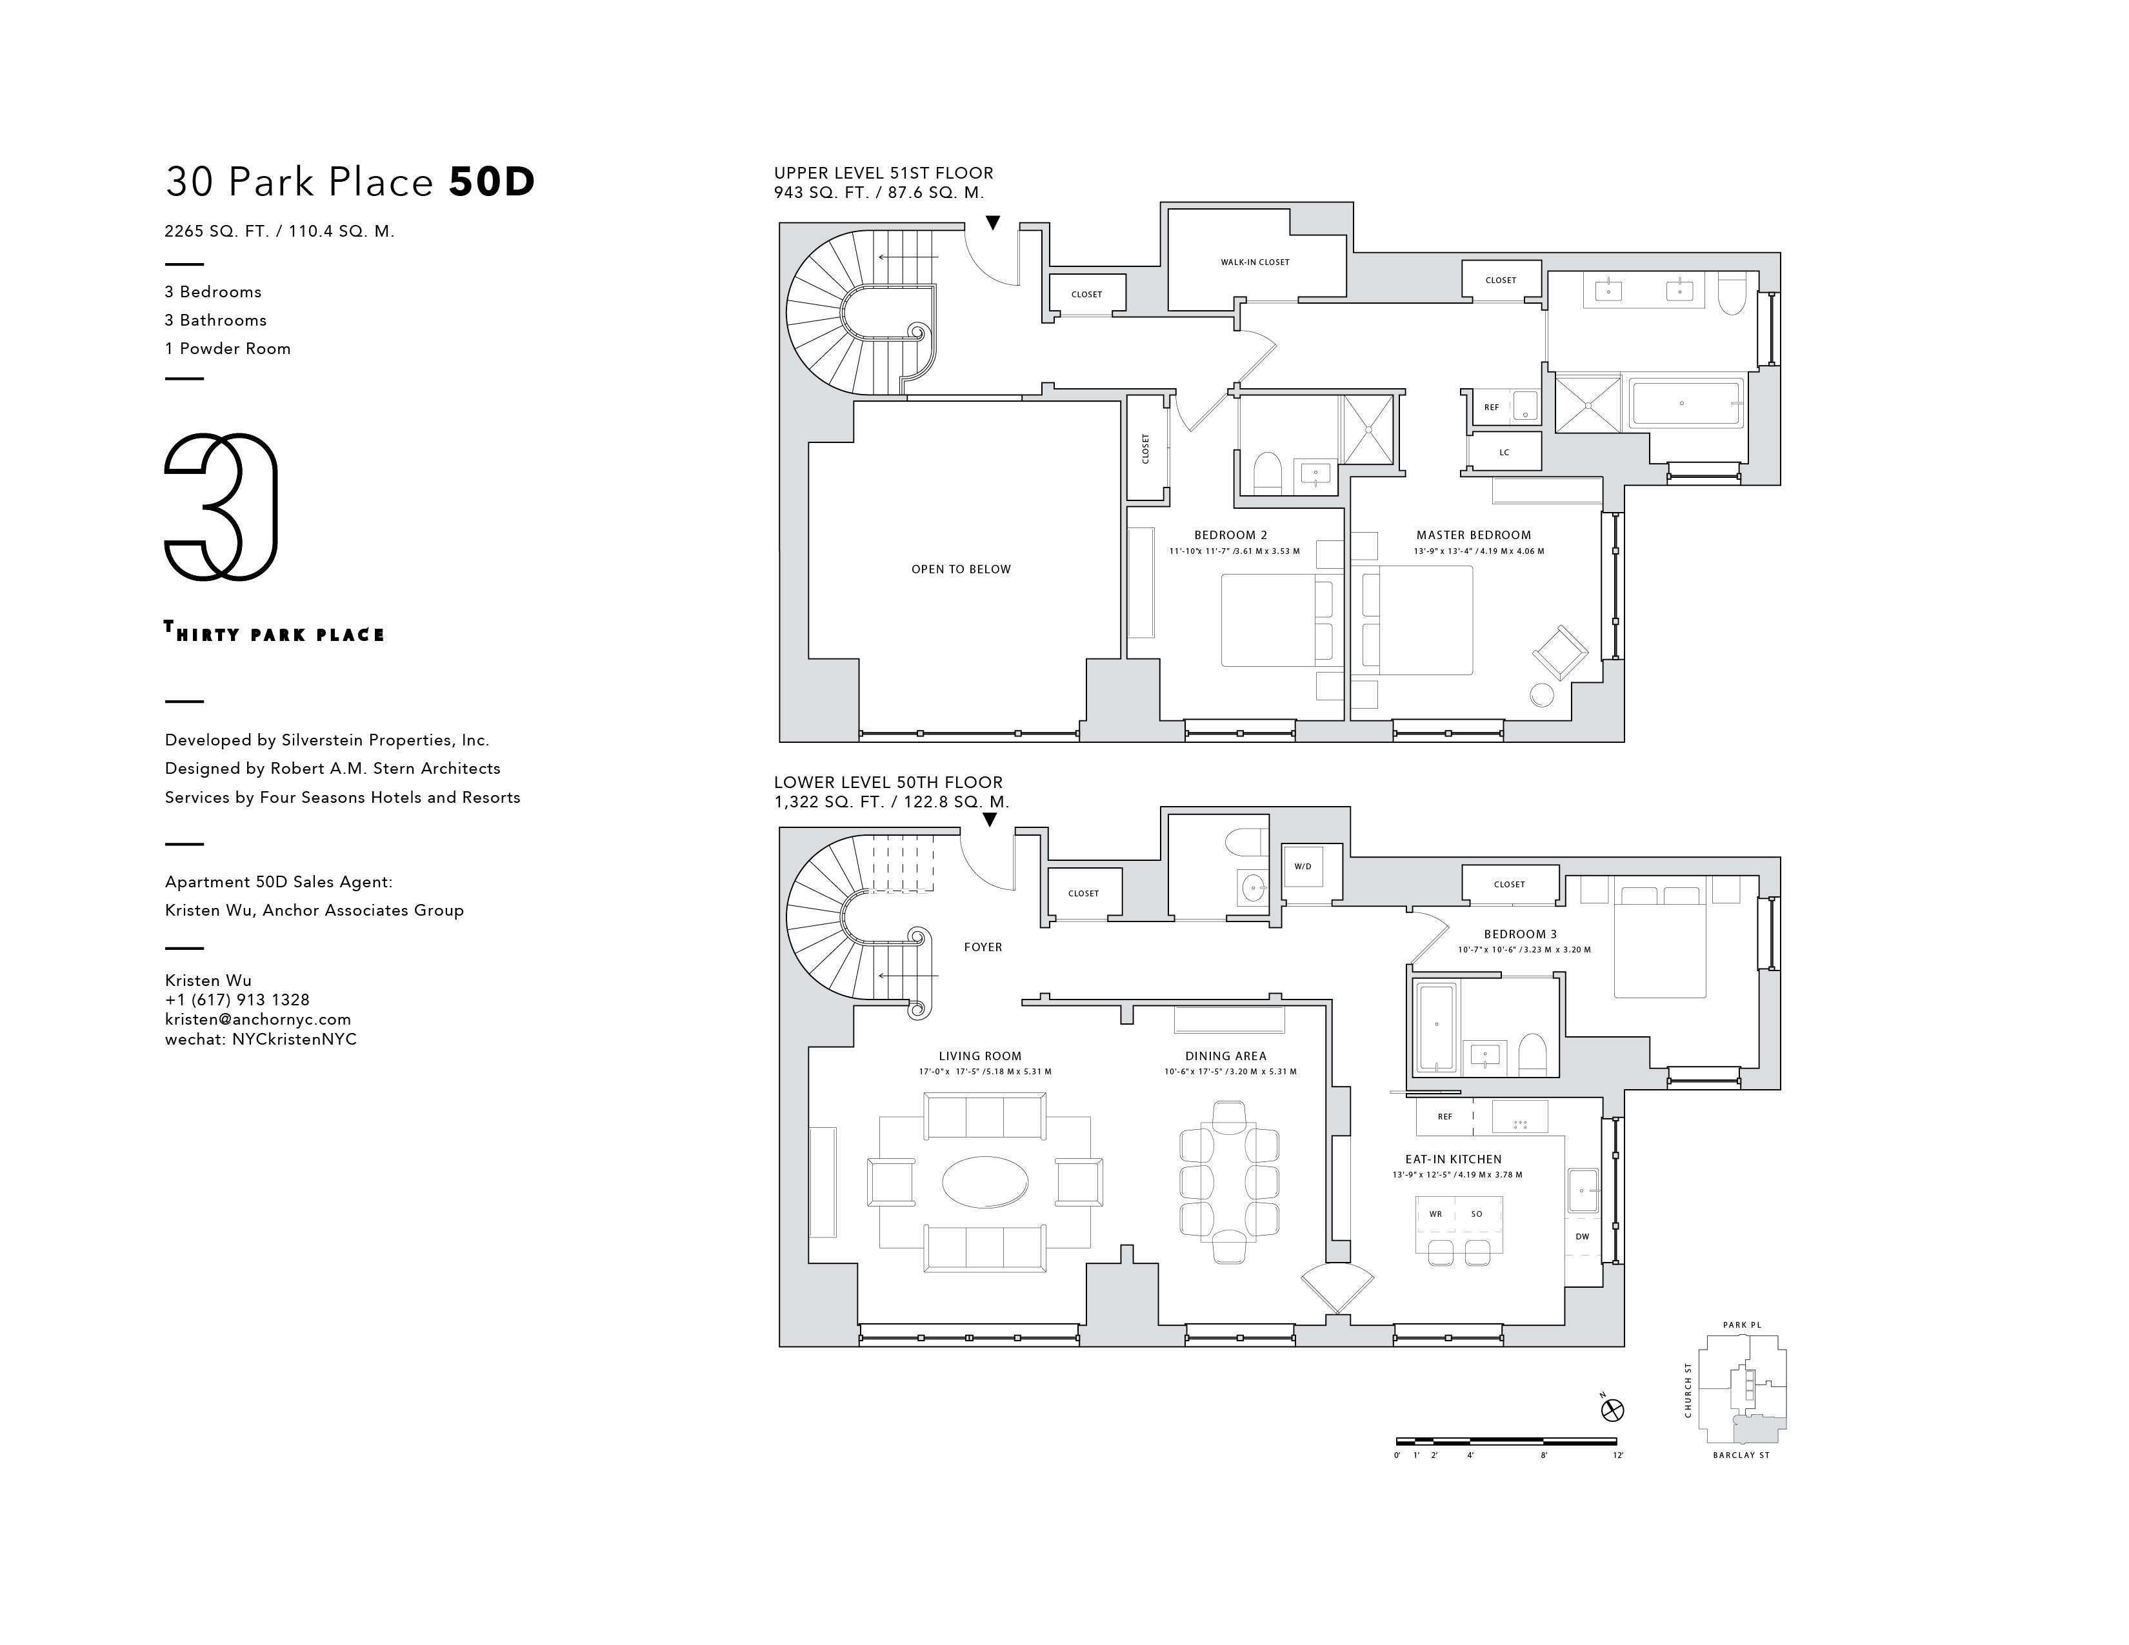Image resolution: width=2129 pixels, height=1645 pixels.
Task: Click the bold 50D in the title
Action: [x=492, y=182]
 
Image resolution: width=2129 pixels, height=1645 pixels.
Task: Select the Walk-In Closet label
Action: [x=1255, y=262]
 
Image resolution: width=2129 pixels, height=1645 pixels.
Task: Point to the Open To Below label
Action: [x=961, y=569]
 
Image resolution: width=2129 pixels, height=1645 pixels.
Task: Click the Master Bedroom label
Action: [x=1473, y=535]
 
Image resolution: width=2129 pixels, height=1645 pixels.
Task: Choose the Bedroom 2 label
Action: [x=1230, y=535]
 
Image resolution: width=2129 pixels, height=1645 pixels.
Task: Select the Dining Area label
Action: [x=1225, y=1056]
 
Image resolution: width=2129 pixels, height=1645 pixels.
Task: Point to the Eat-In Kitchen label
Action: [x=1452, y=1159]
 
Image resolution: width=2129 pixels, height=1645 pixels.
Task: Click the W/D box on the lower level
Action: [x=1303, y=867]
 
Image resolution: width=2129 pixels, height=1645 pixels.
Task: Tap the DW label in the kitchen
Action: [x=1582, y=1237]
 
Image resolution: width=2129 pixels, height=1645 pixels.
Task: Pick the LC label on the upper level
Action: [x=1504, y=452]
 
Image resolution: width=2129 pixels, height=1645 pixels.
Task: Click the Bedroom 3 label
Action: [x=1520, y=934]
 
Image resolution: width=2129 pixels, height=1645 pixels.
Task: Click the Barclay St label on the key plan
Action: [x=1741, y=1455]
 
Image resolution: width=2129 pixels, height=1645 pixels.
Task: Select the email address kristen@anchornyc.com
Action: [x=257, y=1020]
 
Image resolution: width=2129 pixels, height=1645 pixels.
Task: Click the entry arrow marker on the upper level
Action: [x=992, y=223]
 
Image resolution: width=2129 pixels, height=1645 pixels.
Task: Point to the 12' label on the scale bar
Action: [x=1618, y=1455]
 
